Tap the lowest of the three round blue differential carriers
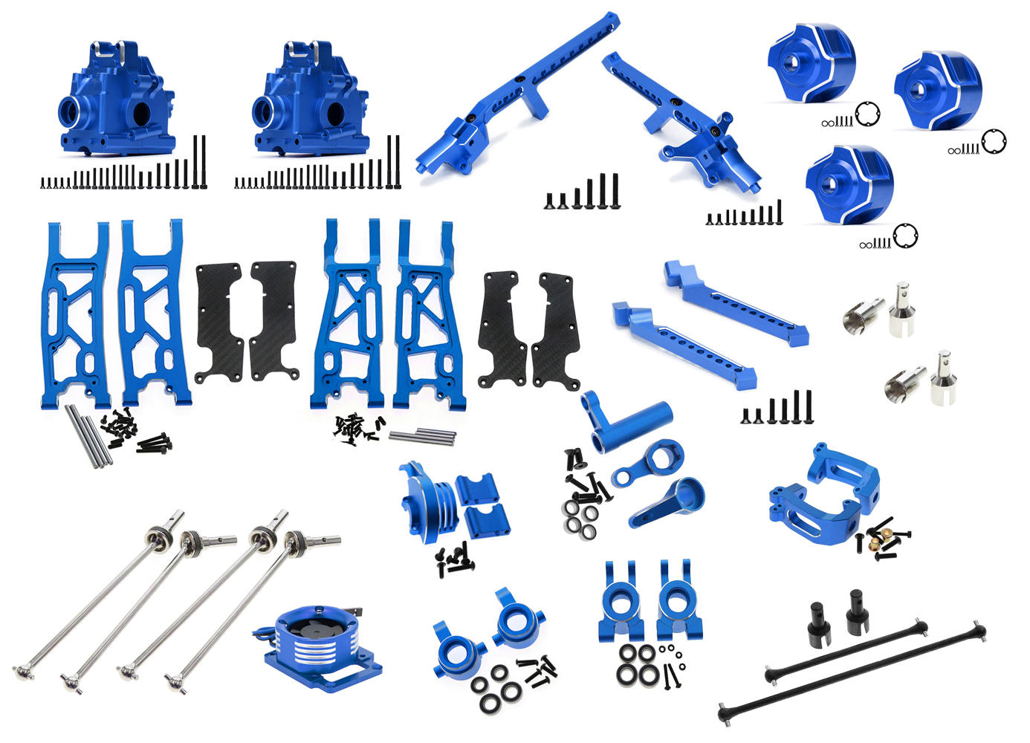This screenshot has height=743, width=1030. [x=849, y=184]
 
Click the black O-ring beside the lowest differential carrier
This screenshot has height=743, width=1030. [x=905, y=236]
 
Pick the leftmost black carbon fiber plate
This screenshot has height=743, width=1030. [x=219, y=322]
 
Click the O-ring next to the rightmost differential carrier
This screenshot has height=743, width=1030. [x=994, y=141]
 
